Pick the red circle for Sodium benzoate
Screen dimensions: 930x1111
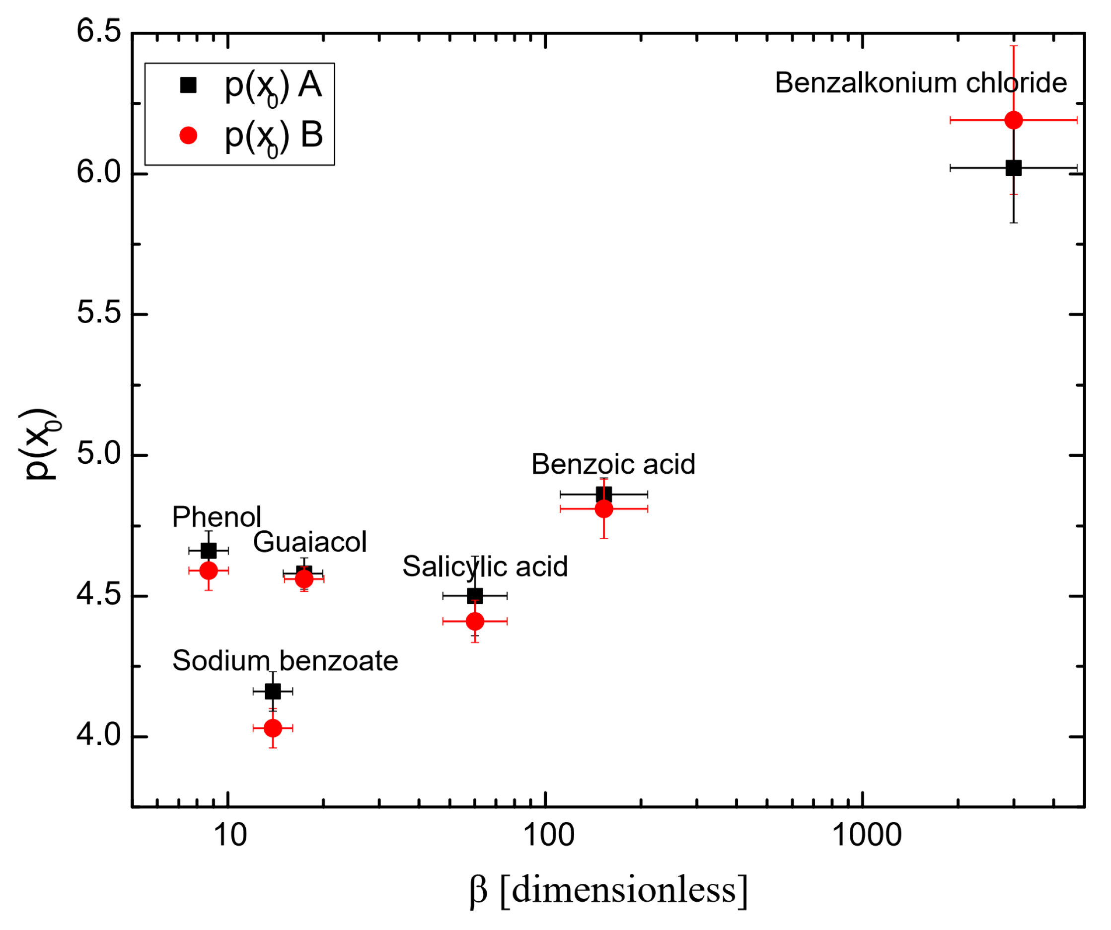(273, 729)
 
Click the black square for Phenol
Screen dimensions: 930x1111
(209, 551)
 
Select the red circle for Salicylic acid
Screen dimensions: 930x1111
(476, 622)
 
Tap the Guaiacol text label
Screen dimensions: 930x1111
(310, 543)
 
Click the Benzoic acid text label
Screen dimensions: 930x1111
(614, 465)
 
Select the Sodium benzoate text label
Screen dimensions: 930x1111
(285, 662)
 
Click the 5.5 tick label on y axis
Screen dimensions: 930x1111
(99, 313)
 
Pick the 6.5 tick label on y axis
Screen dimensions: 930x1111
(99, 31)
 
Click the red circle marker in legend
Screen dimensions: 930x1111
(188, 136)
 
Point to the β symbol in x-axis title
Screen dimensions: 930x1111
(478, 891)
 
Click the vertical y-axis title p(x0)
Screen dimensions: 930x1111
(40, 444)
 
